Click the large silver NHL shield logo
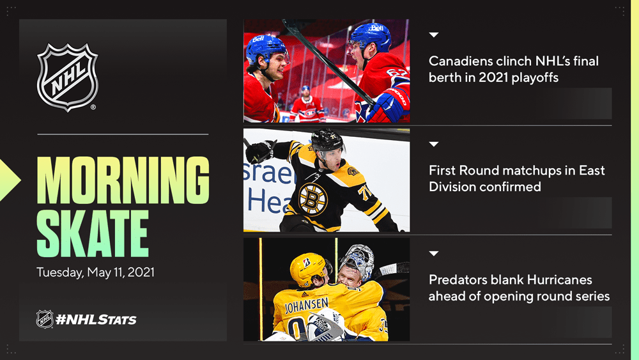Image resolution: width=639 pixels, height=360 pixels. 68,77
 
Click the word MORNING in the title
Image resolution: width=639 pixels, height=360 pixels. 123,180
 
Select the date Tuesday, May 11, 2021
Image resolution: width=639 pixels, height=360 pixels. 95,272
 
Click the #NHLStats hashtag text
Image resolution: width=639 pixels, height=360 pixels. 96,320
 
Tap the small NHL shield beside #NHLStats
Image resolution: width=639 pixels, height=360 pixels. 45,319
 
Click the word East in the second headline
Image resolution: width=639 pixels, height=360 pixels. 592,171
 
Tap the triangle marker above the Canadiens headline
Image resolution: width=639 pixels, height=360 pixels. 434,35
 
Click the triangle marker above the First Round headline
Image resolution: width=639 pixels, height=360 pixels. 434,145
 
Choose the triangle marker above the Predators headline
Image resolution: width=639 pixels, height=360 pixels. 434,254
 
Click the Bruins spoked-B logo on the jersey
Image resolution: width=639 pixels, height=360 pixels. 313,200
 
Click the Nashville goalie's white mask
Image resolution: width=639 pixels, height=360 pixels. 357,260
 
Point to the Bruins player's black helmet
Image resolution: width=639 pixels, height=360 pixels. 327,141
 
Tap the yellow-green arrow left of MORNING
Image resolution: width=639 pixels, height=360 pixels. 9,180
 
